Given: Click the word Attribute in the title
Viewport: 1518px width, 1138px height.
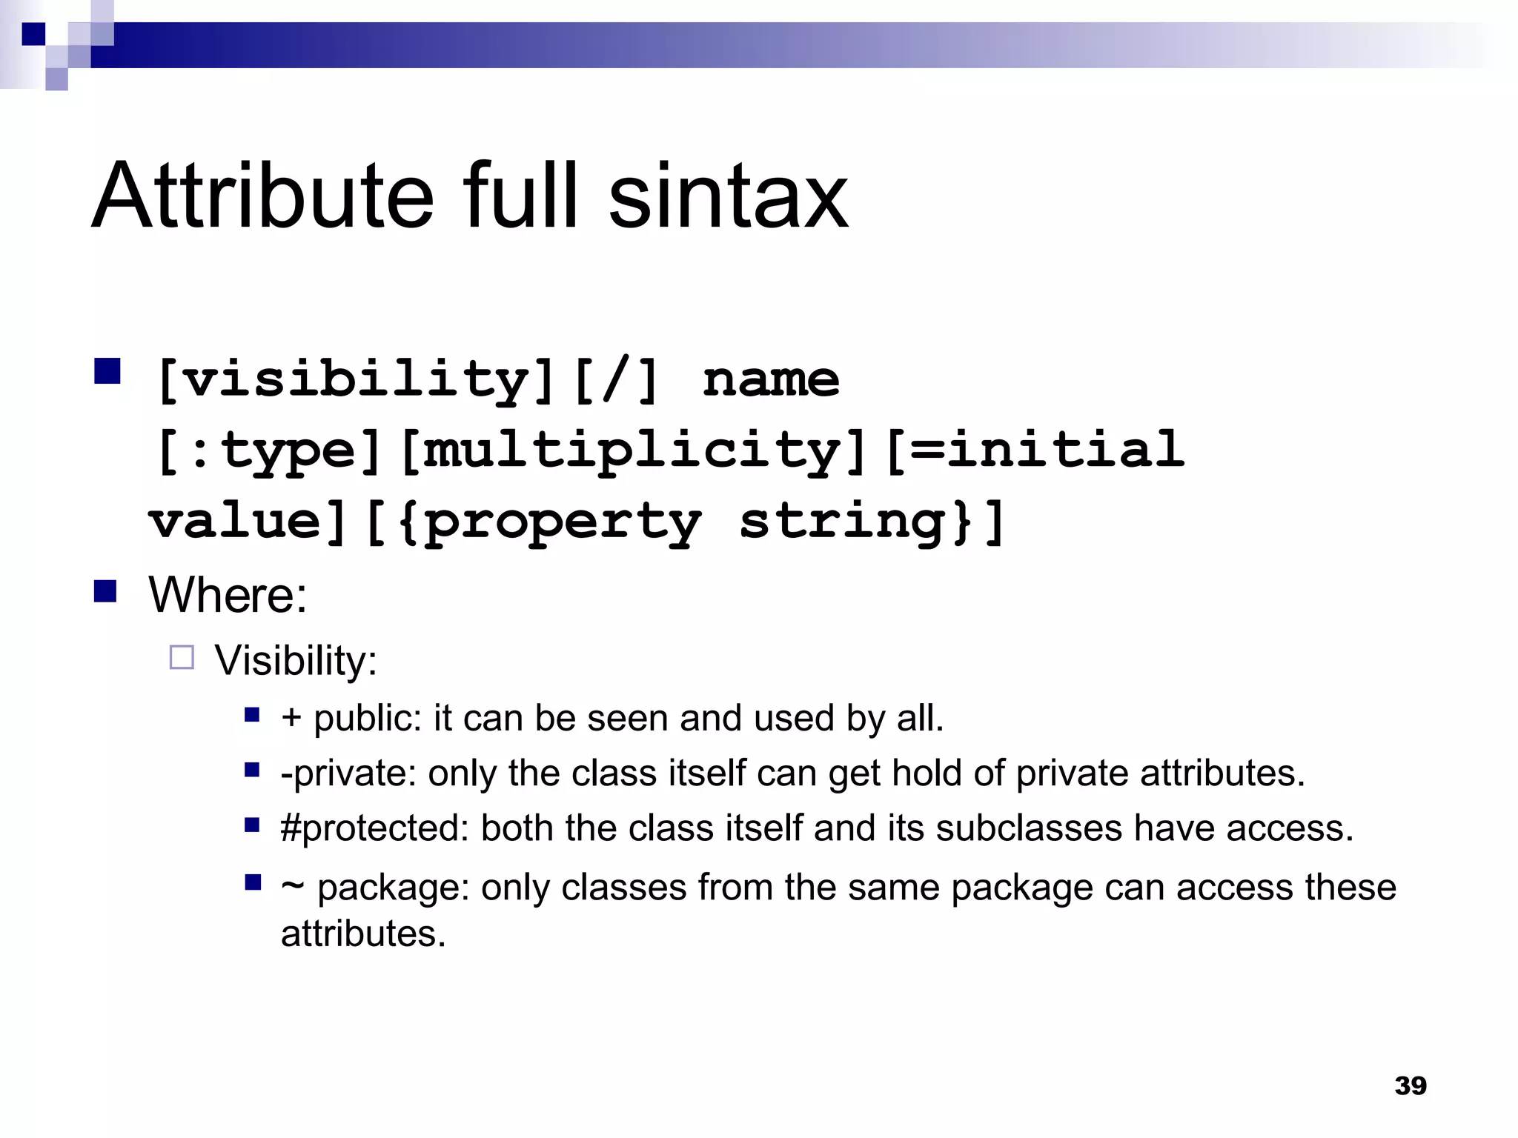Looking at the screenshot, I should pyautogui.click(x=262, y=196).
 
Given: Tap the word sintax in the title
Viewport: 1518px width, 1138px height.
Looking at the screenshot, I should pyautogui.click(x=728, y=196).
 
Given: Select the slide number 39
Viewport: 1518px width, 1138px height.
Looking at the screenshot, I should pyautogui.click(x=1410, y=1085).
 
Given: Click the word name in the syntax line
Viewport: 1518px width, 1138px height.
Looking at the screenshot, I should pyautogui.click(x=771, y=379).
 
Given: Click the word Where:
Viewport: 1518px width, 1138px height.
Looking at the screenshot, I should pyautogui.click(x=228, y=594).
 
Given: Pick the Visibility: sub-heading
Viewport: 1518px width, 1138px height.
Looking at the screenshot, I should pyautogui.click(x=296, y=659).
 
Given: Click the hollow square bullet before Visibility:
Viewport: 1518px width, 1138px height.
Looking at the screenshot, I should pyautogui.click(x=182, y=657).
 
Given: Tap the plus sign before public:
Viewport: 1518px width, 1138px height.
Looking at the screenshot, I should pyautogui.click(x=291, y=718).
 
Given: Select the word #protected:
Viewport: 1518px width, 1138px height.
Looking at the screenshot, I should pyautogui.click(x=375, y=828).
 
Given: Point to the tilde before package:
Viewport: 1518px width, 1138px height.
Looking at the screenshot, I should pyautogui.click(x=292, y=887).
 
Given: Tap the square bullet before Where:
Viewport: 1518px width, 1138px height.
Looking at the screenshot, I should pyautogui.click(x=105, y=592).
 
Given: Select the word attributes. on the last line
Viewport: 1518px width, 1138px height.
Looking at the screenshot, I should pyautogui.click(x=363, y=934).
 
